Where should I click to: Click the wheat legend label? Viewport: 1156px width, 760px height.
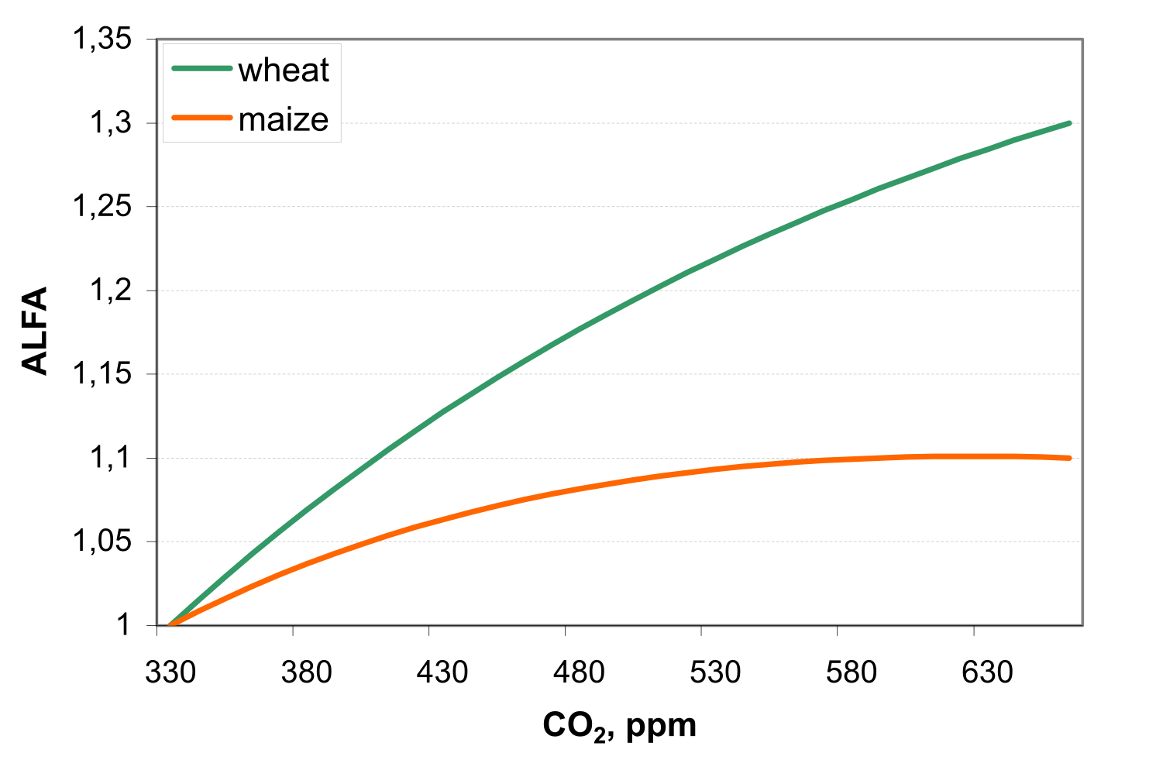coord(284,70)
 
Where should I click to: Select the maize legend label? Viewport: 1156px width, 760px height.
coord(284,119)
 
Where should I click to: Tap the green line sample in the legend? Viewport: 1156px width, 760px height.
coord(201,69)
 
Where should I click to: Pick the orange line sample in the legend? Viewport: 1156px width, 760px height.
coord(201,118)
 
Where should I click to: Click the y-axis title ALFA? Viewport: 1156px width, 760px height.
coord(36,331)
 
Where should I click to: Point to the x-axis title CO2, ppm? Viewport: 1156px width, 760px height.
coord(619,726)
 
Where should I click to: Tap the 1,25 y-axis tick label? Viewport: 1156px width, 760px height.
coord(101,207)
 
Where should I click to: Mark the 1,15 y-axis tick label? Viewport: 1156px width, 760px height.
coord(101,374)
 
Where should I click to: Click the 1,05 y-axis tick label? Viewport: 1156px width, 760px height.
coord(101,542)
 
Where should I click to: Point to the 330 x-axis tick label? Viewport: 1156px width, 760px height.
coord(170,672)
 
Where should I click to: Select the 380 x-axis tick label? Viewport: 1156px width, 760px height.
coord(307,672)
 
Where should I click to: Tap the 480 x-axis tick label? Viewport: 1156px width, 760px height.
coord(579,672)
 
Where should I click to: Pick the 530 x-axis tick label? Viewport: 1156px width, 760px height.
coord(715,672)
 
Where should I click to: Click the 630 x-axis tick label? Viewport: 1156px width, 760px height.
coord(987,672)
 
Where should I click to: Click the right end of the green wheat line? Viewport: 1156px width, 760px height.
coord(1069,123)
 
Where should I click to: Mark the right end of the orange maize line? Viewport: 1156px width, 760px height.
coord(1069,458)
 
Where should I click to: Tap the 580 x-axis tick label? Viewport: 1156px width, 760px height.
coord(851,672)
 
